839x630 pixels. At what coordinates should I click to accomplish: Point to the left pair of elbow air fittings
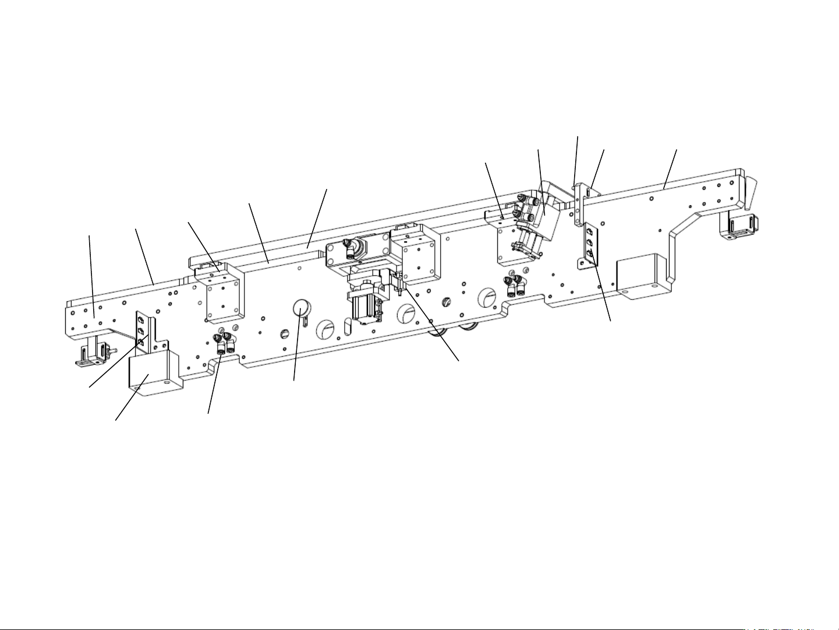click(225, 343)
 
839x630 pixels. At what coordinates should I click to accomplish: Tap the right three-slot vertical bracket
click(589, 245)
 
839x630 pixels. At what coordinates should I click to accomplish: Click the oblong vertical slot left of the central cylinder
click(348, 327)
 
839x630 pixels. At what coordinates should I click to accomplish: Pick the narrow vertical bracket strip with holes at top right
click(578, 204)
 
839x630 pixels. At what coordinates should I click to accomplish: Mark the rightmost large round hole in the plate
click(487, 298)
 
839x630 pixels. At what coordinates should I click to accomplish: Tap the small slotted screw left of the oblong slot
click(285, 333)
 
